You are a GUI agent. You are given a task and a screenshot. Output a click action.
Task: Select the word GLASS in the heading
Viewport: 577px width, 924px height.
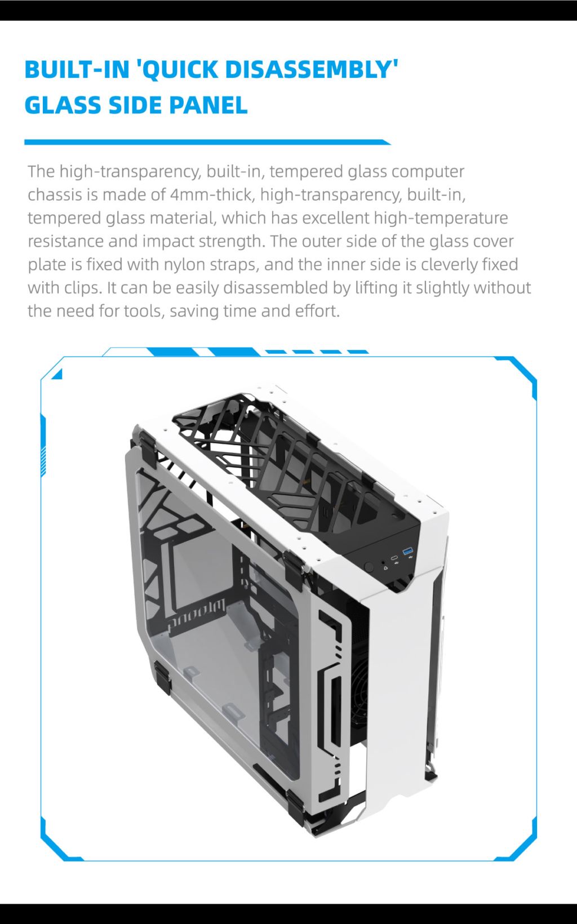pos(63,105)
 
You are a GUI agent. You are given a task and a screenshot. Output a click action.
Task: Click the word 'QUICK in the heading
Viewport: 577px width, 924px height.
pos(179,69)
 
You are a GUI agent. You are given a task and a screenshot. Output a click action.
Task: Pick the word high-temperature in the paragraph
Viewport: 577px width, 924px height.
pos(441,218)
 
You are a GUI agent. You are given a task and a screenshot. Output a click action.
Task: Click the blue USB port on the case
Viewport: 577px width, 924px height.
pos(407,550)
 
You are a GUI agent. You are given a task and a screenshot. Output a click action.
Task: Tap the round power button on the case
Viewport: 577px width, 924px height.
pos(369,567)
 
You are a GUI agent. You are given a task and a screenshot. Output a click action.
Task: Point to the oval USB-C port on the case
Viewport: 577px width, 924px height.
pos(394,558)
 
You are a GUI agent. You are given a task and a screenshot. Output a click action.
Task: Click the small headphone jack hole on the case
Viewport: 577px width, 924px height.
pos(384,563)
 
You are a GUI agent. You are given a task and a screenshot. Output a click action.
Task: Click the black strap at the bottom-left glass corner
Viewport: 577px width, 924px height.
pos(162,677)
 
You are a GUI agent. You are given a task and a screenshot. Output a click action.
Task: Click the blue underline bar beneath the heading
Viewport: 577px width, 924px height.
pos(207,143)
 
